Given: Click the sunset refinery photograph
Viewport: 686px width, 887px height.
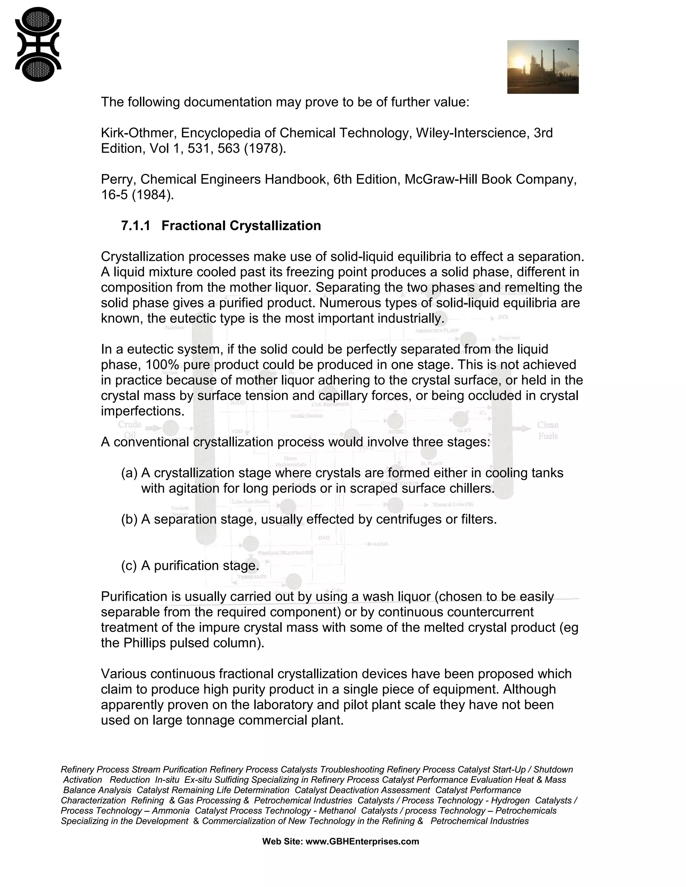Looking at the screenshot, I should (x=543, y=67).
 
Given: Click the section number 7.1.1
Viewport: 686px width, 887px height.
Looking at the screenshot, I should (x=135, y=226).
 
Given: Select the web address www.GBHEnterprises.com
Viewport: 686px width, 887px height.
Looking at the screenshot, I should (x=362, y=841).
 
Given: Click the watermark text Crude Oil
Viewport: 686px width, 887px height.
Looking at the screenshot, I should (x=130, y=430).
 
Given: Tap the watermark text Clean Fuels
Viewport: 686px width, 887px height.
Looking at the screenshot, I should (x=548, y=430).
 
